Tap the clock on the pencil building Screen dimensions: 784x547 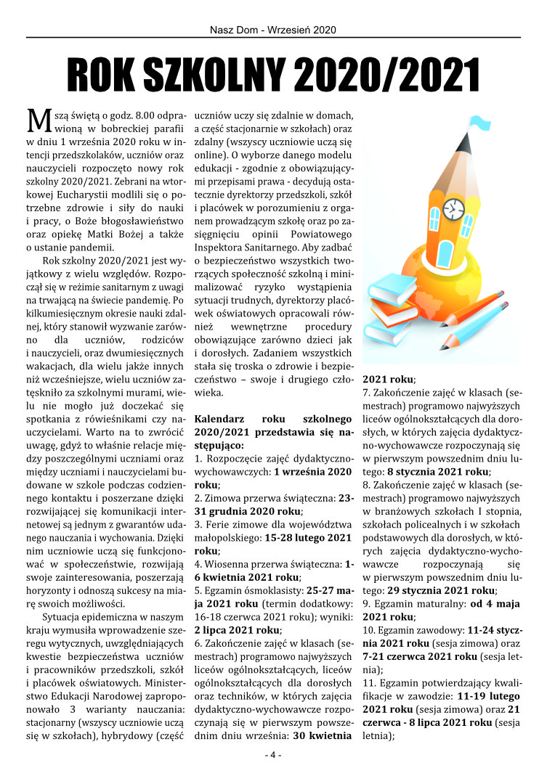click(454, 208)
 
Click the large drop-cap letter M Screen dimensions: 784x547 click(37, 119)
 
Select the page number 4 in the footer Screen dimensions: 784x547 click(273, 755)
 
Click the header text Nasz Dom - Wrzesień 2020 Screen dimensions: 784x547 click(273, 30)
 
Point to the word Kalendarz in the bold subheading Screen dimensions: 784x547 click(219, 419)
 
